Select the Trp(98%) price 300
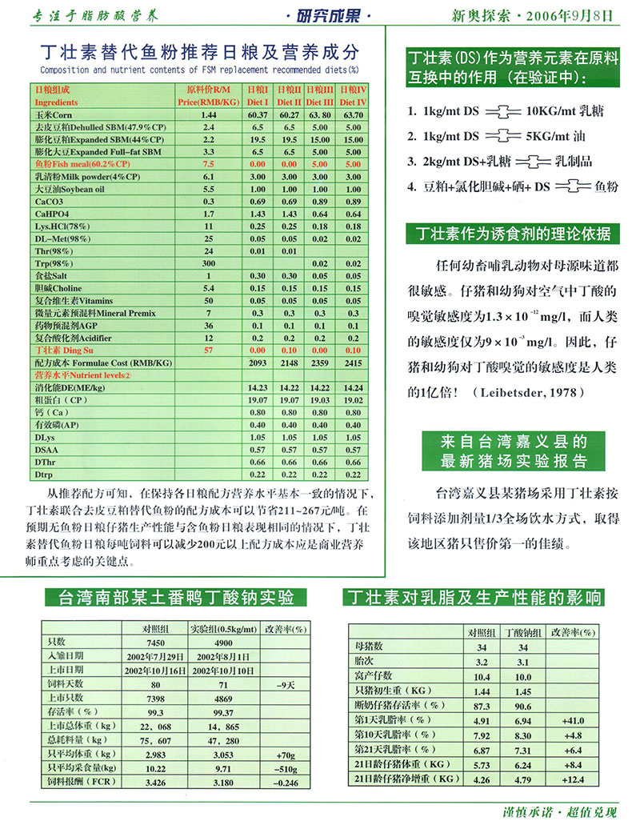coord(209,263)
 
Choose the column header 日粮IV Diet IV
coord(352,96)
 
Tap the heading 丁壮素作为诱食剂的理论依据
coord(511,234)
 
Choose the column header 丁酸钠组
coord(525,632)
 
